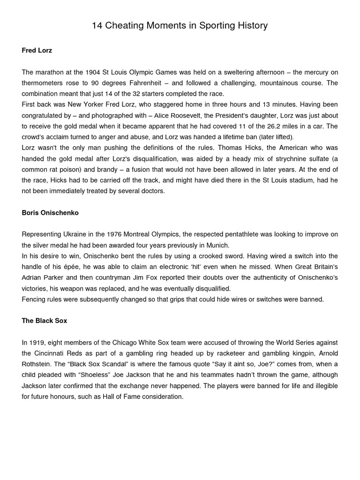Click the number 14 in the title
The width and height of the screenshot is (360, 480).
click(x=97, y=26)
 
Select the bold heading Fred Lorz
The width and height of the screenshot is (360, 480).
click(x=37, y=50)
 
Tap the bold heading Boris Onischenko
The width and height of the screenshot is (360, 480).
click(x=50, y=212)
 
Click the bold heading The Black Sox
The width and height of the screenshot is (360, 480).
click(x=45, y=321)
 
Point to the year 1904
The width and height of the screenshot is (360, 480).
click(x=93, y=72)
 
